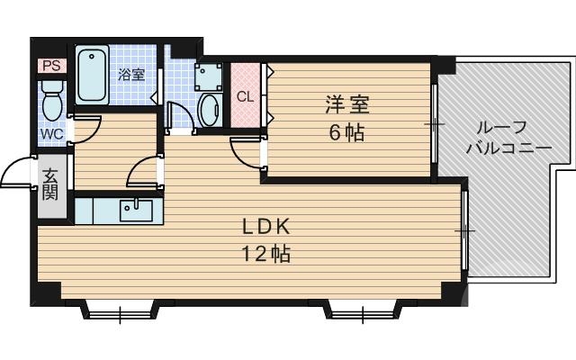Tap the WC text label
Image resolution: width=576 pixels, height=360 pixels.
49,135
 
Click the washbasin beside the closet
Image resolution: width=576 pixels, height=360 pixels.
209,111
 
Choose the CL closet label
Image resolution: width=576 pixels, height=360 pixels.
244,95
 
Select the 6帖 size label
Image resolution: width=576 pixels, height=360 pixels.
346,133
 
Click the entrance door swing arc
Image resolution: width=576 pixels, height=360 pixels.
16,172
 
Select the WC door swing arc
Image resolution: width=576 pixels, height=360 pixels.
86,130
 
